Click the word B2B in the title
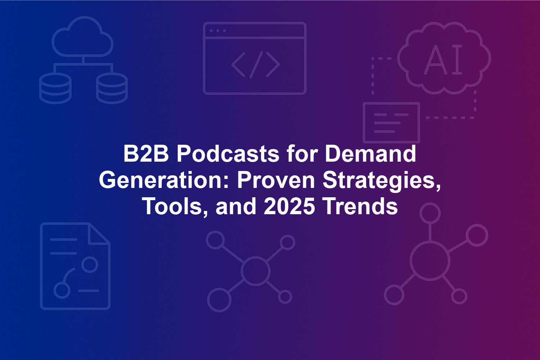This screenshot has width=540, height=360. click(146, 154)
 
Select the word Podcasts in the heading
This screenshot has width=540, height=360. click(228, 154)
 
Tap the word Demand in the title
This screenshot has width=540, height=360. click(370, 154)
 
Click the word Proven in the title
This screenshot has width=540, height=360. click(276, 180)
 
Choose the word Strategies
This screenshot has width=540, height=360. click(382, 181)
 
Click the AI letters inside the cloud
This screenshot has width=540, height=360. click(443, 59)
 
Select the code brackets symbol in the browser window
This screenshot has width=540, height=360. click(256, 65)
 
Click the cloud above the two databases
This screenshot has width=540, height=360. click(82, 36)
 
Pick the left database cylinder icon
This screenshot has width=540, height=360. click(55, 88)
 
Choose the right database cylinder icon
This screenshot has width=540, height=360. click(112, 88)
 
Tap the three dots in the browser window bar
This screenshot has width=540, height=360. click(218, 31)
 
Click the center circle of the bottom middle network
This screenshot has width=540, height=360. click(255, 271)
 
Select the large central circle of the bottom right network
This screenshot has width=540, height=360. click(430, 261)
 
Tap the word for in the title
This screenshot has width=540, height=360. click(302, 154)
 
